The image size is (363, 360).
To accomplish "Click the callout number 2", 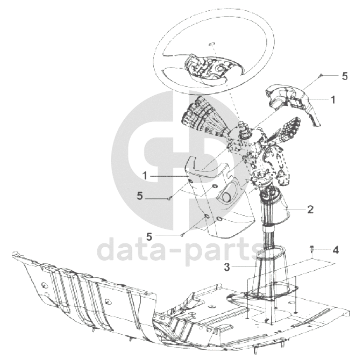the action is [310, 209].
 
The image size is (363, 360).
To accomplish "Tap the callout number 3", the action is [227, 267].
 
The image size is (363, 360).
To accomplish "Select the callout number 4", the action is [336, 250].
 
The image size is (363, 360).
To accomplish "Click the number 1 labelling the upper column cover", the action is [333, 99].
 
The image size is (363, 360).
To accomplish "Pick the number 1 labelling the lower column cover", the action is [145, 176].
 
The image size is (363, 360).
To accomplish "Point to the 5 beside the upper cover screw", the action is [345, 76].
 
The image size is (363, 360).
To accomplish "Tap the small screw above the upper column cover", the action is [321, 75].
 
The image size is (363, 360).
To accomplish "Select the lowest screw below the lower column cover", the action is [182, 235].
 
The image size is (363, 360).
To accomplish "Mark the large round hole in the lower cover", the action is [226, 197].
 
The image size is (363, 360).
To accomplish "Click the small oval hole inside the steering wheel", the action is [212, 44].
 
